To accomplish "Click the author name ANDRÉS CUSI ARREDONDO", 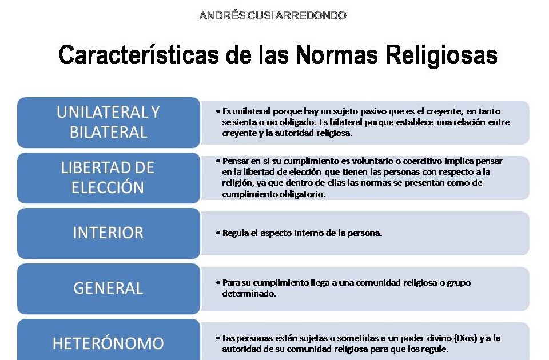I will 273,16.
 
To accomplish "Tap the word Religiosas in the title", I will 441,56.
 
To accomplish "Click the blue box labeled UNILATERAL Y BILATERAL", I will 108,122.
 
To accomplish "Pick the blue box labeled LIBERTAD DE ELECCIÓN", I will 108,178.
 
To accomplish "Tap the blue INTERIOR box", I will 108,233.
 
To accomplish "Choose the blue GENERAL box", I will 108,288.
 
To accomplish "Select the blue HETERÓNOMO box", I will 108,343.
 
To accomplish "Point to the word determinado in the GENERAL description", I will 249,294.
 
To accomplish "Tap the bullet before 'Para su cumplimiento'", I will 218,283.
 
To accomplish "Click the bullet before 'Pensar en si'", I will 218,161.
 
